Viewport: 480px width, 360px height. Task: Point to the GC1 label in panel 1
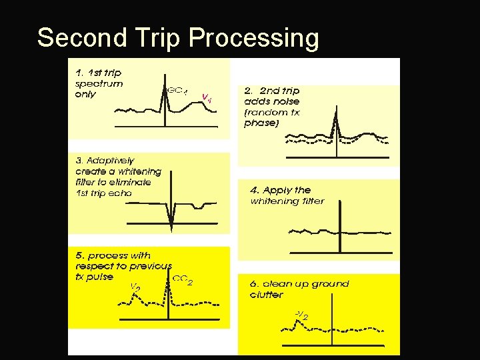[177, 90]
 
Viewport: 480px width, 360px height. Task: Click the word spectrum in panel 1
[99, 83]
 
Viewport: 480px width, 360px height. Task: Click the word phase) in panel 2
[261, 123]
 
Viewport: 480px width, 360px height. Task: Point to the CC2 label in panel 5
[183, 279]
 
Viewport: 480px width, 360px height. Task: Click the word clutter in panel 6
[267, 295]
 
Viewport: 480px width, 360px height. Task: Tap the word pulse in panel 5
[101, 277]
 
